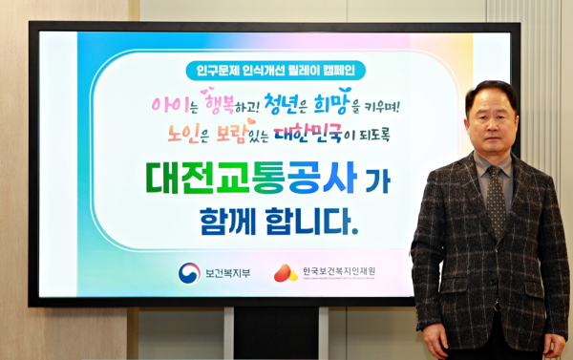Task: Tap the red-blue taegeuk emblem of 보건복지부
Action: (188, 273)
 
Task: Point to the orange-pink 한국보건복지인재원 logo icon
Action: (285, 273)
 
